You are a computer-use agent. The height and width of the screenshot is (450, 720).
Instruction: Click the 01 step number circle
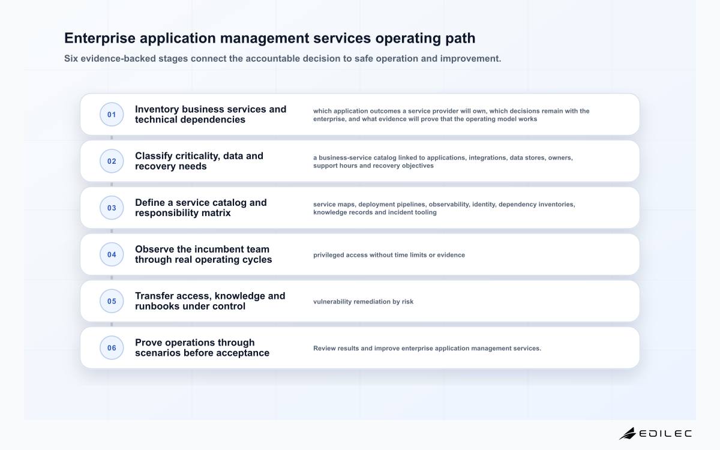pyautogui.click(x=112, y=115)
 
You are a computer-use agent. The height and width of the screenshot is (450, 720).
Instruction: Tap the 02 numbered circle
pyautogui.click(x=112, y=161)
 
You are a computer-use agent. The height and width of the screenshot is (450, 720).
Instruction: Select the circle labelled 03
pyautogui.click(x=112, y=208)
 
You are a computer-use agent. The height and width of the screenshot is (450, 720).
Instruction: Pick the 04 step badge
pyautogui.click(x=112, y=254)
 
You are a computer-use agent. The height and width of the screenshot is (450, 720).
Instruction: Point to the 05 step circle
pyautogui.click(x=112, y=301)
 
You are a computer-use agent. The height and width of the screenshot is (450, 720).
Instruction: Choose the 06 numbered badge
pyautogui.click(x=112, y=348)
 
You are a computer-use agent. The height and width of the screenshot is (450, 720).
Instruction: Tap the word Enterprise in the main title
pyautogui.click(x=100, y=38)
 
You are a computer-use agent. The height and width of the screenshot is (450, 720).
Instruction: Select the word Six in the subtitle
pyautogui.click(x=71, y=59)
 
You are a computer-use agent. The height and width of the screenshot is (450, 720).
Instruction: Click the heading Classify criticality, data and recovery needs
pyautogui.click(x=199, y=161)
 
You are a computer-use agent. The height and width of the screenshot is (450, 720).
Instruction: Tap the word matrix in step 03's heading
pyautogui.click(x=216, y=213)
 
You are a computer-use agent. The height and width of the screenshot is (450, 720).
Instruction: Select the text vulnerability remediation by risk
pyautogui.click(x=363, y=301)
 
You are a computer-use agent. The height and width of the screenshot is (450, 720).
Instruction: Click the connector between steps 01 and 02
pyautogui.click(x=112, y=137)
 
